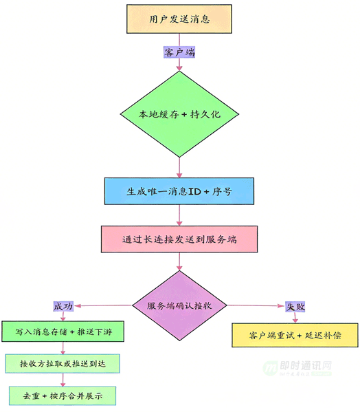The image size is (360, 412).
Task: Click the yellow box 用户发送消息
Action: [x=179, y=19]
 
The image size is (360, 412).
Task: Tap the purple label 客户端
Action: [x=179, y=52]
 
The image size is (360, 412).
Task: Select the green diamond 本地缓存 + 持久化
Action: [x=179, y=113]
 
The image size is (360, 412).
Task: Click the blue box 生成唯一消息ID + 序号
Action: [x=179, y=191]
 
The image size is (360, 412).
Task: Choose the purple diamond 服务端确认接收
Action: [x=179, y=305]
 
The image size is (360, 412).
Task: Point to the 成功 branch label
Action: [x=63, y=305]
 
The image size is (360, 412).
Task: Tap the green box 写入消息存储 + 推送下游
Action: [x=65, y=333]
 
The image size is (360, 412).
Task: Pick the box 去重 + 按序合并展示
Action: [x=62, y=395]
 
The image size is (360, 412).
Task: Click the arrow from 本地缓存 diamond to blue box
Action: [x=179, y=166]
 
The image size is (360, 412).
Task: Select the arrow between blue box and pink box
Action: [x=179, y=215]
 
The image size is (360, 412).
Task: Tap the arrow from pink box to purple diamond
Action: [x=179, y=261]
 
